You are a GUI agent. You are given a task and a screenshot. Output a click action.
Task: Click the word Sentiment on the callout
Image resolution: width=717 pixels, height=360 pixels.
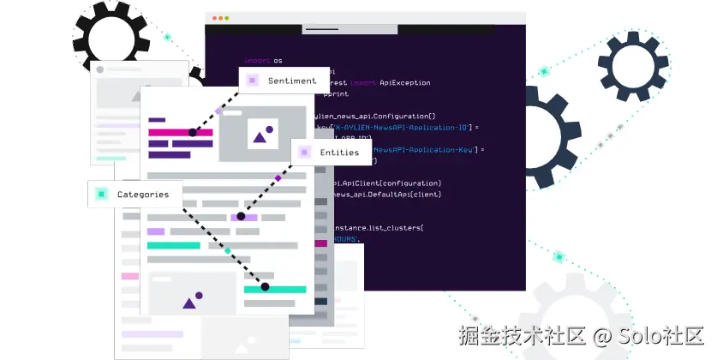pyautogui.click(x=292, y=81)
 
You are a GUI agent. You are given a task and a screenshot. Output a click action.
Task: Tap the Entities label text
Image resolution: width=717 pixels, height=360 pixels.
pyautogui.click(x=339, y=153)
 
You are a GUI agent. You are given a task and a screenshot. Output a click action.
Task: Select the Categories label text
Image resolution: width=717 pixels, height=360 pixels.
pyautogui.click(x=143, y=195)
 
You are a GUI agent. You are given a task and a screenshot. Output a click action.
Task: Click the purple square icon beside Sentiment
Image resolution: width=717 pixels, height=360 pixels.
pyautogui.click(x=252, y=81)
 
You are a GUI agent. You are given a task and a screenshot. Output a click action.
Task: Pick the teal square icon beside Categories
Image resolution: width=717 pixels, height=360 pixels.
pyautogui.click(x=102, y=195)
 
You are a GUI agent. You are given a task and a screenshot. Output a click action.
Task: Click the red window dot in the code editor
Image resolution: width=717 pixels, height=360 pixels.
pyautogui.click(x=214, y=18)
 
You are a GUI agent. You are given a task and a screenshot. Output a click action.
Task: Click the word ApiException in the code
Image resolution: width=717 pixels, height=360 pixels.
pyautogui.click(x=403, y=83)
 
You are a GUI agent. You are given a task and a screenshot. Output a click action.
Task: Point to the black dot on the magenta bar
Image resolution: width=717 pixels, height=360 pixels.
pyautogui.click(x=194, y=133)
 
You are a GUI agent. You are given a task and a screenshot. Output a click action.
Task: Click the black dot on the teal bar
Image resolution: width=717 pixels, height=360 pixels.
pyautogui.click(x=265, y=287)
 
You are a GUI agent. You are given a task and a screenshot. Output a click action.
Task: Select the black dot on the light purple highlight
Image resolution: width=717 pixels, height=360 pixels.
pyautogui.click(x=241, y=217)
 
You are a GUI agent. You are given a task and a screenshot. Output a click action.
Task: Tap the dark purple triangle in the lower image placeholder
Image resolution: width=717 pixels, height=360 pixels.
pyautogui.click(x=189, y=302)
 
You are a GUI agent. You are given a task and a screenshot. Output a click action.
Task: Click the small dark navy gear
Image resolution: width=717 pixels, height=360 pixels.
pyautogui.click(x=633, y=66)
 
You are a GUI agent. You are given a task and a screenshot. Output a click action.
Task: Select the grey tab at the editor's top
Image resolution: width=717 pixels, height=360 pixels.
pyautogui.click(x=350, y=29)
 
